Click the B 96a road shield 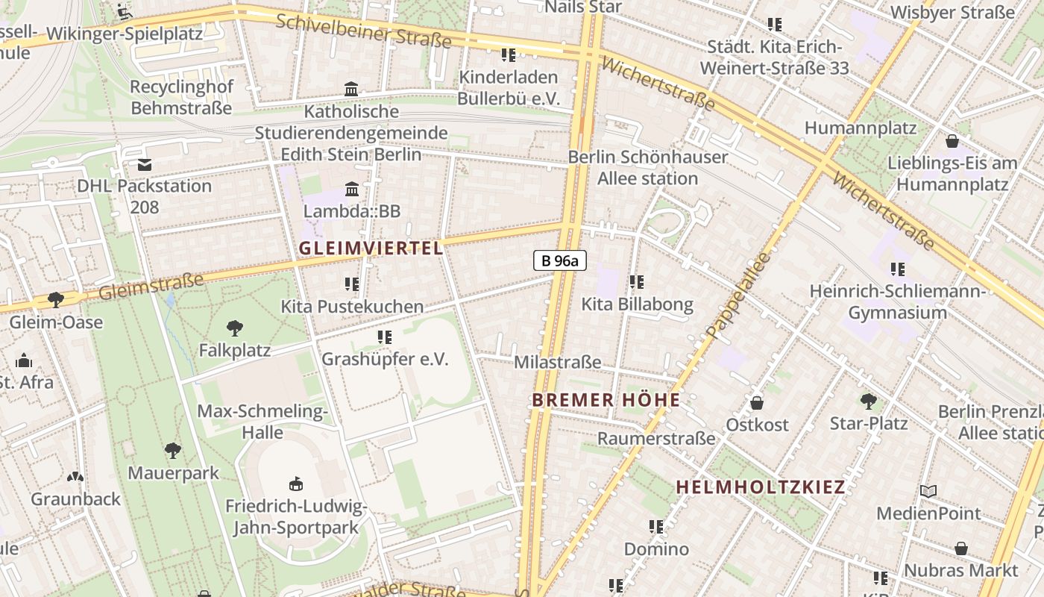pos(559,260)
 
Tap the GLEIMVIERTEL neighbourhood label pos(371,249)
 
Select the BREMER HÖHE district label pos(606,400)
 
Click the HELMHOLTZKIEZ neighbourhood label pos(760,487)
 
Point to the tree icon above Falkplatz pos(235,328)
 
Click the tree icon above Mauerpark pos(173,450)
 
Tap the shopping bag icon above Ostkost pos(757,403)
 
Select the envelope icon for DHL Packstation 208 pos(145,164)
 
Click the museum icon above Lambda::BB pos(352,189)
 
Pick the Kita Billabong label pos(637,304)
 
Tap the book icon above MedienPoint pos(928,491)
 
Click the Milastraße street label pos(558,362)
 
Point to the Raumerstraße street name pos(656,438)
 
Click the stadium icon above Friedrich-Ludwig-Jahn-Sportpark pos(296,484)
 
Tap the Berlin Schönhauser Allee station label pos(647,168)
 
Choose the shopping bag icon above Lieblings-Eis pos(952,141)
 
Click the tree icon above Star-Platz pos(869,401)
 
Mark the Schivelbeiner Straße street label pos(363,31)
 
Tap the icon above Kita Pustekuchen pos(352,284)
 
